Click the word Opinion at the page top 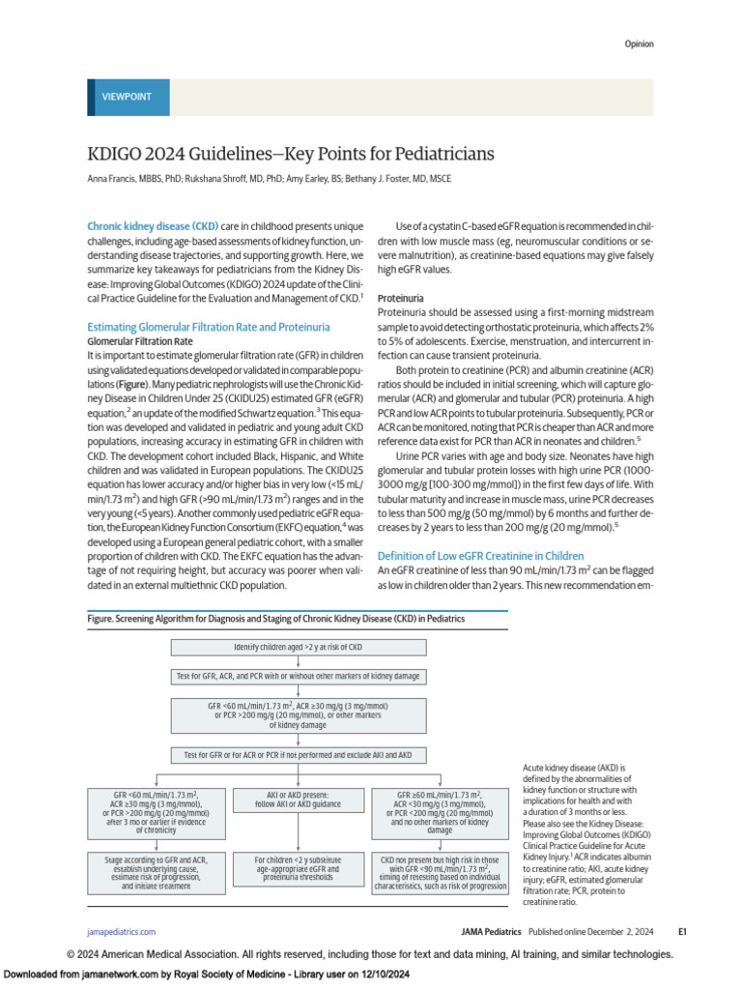click(638, 44)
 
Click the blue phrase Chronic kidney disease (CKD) click(153, 226)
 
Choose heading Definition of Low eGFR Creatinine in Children click(480, 556)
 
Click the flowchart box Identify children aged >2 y click(299, 647)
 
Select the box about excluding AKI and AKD click(299, 754)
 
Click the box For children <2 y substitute click(299, 871)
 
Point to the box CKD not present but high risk click(440, 871)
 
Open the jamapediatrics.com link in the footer click(121, 932)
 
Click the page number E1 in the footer click(681, 932)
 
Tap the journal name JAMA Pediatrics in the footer click(490, 932)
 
